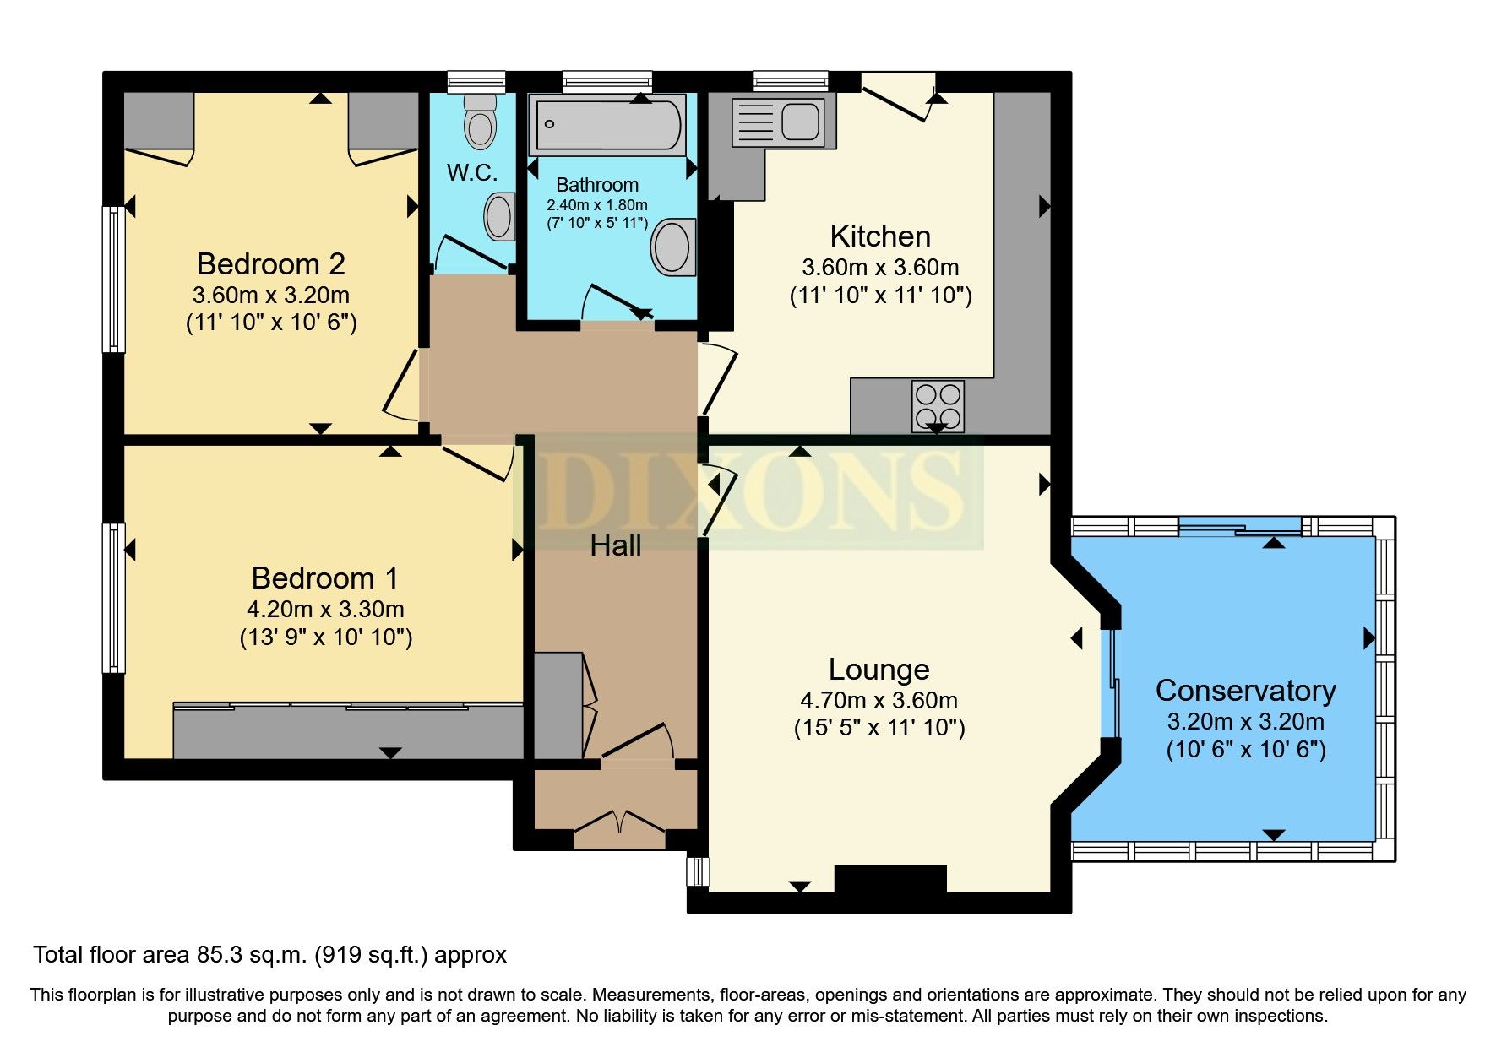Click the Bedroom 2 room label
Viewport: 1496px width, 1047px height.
[x=270, y=264]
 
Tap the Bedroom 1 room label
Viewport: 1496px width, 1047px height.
[x=325, y=578]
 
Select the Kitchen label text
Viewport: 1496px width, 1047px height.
[x=880, y=236]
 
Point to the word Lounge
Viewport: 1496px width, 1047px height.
[x=879, y=670]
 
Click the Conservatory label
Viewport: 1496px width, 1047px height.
[x=1245, y=691]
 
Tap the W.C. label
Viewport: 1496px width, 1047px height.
[x=472, y=173]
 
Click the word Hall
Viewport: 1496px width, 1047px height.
[x=615, y=545]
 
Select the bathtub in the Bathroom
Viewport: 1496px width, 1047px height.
[x=607, y=125]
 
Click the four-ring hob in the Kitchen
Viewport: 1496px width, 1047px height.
[x=938, y=406]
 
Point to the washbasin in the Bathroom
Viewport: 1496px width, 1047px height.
[x=673, y=247]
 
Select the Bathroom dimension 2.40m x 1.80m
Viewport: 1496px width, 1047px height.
[x=597, y=205]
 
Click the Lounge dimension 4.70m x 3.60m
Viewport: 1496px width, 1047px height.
[x=879, y=701]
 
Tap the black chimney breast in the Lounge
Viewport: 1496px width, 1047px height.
[x=890, y=880]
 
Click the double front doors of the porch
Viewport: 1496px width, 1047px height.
[x=619, y=830]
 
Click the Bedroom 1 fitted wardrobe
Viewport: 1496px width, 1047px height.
[x=348, y=731]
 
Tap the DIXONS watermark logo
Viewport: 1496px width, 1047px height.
[x=748, y=491]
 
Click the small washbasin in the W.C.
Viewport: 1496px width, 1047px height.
[x=499, y=217]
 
